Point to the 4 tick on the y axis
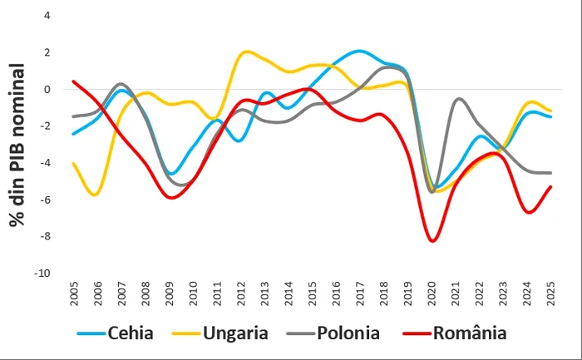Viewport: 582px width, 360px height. [47, 16]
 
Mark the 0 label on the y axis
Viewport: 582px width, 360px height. [47, 90]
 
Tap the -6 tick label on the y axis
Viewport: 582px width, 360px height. [45, 200]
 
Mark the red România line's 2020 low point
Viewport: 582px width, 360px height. [432, 241]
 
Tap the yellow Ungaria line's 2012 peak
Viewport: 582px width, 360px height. [245, 52]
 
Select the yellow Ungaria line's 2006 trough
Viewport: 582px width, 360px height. [96, 195]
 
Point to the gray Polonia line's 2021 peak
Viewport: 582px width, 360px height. [458, 99]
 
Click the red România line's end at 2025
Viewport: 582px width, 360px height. [551, 187]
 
